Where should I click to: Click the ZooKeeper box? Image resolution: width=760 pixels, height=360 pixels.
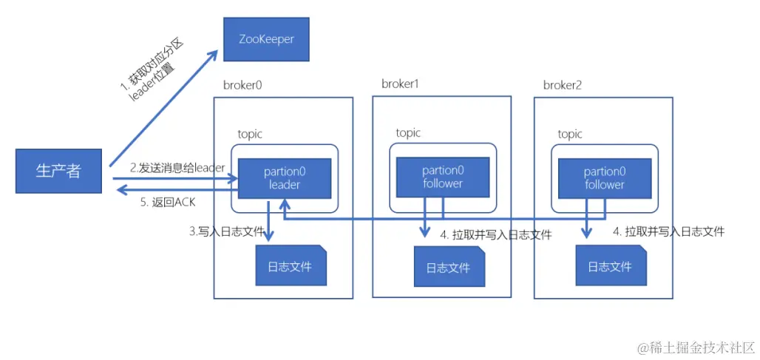(x=266, y=39)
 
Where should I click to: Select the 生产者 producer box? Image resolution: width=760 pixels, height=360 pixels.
(x=58, y=171)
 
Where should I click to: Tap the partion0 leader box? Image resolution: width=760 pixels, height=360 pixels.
(x=285, y=178)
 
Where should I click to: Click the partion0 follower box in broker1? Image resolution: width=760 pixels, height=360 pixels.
(x=443, y=177)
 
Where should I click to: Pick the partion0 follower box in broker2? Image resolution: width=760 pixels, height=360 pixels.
(x=605, y=178)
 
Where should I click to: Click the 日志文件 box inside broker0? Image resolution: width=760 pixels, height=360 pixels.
(x=290, y=265)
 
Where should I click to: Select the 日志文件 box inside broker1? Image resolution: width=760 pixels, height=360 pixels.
(x=448, y=267)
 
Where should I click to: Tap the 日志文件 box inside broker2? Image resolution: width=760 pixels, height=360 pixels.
(x=610, y=265)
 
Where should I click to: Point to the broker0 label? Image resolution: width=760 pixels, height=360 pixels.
(x=242, y=84)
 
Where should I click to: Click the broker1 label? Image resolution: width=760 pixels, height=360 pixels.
(x=400, y=84)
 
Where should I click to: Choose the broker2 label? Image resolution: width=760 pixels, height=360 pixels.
(x=563, y=85)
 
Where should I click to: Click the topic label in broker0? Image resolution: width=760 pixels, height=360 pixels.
(x=250, y=134)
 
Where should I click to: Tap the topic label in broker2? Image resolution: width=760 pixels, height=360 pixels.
(x=570, y=134)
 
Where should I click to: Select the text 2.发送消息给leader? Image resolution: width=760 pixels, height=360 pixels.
(x=177, y=168)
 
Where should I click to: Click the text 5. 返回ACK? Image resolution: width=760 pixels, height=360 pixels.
(x=168, y=201)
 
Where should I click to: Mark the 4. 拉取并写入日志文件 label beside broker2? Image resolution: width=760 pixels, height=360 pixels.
(x=668, y=231)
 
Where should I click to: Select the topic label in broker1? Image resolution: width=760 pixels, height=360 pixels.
(x=408, y=133)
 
